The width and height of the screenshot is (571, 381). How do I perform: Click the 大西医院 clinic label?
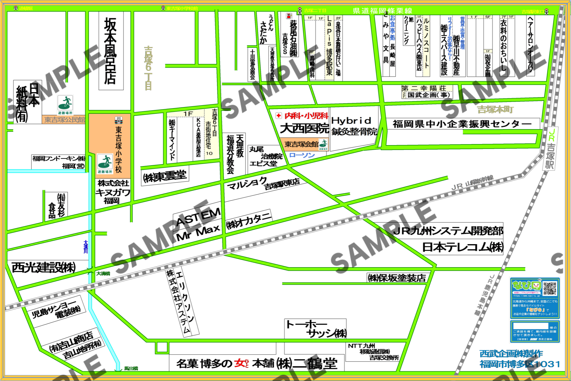pyautogui.click(x=304, y=129)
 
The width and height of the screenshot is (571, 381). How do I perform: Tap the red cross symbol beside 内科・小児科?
pyautogui.click(x=278, y=116)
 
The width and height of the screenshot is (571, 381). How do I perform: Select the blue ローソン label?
pyautogui.click(x=302, y=155)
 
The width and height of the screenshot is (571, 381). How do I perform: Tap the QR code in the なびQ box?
pyautogui.click(x=550, y=288)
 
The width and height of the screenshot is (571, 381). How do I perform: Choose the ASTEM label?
pyautogui.click(x=199, y=217)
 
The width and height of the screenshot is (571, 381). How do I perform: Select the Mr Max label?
pyautogui.click(x=199, y=233)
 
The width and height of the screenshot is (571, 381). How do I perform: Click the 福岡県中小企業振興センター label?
pyautogui.click(x=462, y=124)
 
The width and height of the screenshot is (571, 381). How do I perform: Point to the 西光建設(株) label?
pyautogui.click(x=44, y=268)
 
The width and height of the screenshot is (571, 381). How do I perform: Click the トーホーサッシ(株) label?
pyautogui.click(x=316, y=329)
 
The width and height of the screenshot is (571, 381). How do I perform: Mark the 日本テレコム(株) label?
pyautogui.click(x=463, y=247)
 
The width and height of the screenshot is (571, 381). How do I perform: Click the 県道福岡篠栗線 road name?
pyautogui.click(x=383, y=11)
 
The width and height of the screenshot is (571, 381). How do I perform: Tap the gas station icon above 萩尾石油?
pyautogui.click(x=289, y=16)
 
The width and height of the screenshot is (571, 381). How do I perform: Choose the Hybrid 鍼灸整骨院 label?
pyautogui.click(x=354, y=126)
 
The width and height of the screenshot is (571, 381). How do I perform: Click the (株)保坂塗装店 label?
pyautogui.click(x=397, y=278)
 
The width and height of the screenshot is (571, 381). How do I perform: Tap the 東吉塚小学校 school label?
pyautogui.click(x=119, y=149)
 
